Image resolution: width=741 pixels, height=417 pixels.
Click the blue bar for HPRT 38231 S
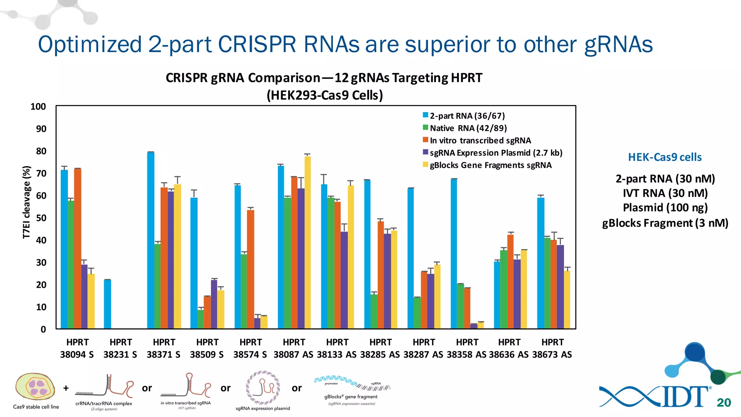(x=107, y=304)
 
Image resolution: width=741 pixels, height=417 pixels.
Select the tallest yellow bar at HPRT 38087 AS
(x=308, y=243)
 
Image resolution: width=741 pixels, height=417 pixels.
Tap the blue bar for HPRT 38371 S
(x=151, y=240)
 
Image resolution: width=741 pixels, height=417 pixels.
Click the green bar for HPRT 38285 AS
(x=374, y=311)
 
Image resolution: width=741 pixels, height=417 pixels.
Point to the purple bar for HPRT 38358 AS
(x=474, y=326)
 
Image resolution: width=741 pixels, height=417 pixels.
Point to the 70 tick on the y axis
(x=41, y=173)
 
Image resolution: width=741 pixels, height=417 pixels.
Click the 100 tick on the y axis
(x=38, y=106)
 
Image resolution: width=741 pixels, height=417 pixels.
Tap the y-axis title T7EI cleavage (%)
(x=26, y=202)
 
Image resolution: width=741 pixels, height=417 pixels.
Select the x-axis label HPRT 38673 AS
(x=552, y=348)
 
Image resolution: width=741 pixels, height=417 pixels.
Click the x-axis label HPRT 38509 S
(x=207, y=348)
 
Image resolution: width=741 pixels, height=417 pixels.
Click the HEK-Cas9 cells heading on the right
(x=665, y=157)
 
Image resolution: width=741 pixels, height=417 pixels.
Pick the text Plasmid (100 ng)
(x=665, y=207)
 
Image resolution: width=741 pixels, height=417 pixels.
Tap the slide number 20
(x=724, y=403)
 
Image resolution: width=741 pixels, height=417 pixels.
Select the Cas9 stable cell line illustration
(x=35, y=387)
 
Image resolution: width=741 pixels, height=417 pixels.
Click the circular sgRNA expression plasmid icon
(x=263, y=387)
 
